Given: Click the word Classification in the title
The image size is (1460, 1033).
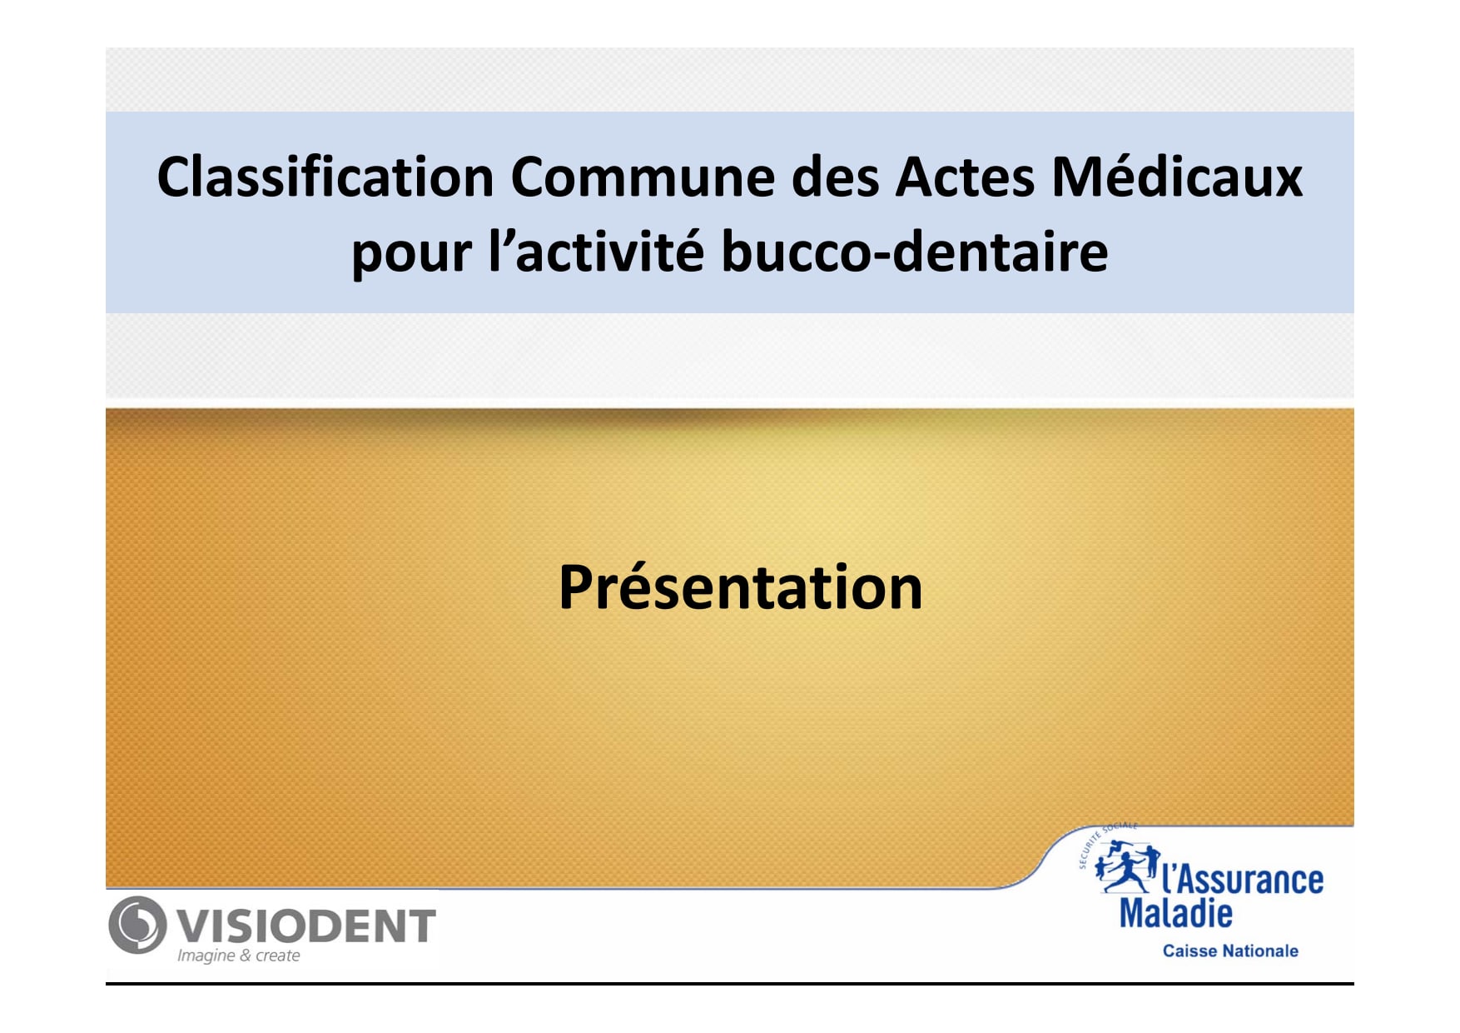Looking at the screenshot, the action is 326,177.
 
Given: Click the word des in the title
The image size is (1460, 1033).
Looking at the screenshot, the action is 835,177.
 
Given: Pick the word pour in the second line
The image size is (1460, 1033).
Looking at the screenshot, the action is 411,254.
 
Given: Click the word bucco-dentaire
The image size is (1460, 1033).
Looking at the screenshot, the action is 914,250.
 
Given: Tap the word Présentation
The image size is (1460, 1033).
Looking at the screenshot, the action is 741,586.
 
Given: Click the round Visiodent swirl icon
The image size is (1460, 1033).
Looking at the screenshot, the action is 137,925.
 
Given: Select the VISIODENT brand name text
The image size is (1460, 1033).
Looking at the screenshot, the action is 307,926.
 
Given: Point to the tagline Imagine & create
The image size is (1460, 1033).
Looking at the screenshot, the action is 238,956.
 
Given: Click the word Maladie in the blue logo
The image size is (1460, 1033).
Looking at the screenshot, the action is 1175,913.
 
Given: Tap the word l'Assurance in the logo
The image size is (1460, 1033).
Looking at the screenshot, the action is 1242,879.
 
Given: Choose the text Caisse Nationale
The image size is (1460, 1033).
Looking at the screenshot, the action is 1230,951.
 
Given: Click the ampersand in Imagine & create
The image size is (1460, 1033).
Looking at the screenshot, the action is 246,956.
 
